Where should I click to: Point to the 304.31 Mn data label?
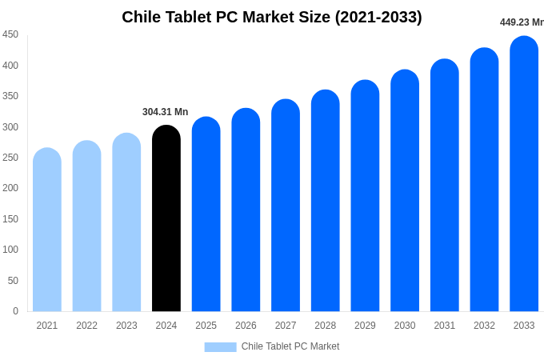pos(165,112)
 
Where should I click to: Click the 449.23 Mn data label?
pos(522,22)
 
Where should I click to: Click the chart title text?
pos(272,17)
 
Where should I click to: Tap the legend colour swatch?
pos(220,347)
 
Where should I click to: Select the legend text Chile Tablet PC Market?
pos(290,346)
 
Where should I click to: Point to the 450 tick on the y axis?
pos(10,34)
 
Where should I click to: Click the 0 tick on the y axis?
pos(15,311)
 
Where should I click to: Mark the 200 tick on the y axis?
pos(10,188)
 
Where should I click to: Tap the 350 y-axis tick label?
pos(10,96)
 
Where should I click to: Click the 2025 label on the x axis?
pos(206,326)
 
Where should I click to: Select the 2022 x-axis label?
pos(86,326)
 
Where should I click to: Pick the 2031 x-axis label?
pos(445,326)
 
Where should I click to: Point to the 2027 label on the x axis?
pos(286,326)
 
